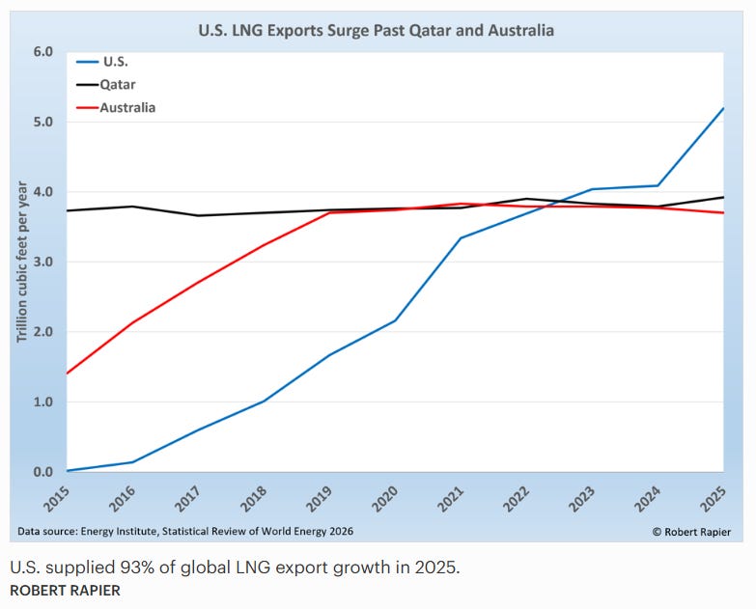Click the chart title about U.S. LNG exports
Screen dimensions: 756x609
[x=377, y=30]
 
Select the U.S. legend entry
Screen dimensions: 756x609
[x=102, y=62]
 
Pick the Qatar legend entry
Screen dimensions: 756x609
[x=106, y=85]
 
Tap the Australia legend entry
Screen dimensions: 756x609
[x=116, y=107]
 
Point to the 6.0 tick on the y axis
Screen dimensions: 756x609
[x=42, y=51]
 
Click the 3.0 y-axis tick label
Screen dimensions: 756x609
[x=42, y=262]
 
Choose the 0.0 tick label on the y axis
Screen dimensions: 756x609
[x=42, y=472]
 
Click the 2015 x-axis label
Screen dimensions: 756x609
[x=57, y=498]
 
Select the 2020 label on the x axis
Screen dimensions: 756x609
[x=385, y=498]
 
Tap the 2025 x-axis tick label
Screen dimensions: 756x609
[x=714, y=498]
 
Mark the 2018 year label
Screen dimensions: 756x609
[x=254, y=498]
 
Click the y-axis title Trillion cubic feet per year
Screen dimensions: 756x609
[x=22, y=262]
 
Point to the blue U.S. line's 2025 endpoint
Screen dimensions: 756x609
[x=723, y=108]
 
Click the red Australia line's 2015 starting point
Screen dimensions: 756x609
[x=67, y=374]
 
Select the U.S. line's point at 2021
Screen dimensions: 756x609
[x=461, y=238]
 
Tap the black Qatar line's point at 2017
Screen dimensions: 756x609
[x=198, y=215]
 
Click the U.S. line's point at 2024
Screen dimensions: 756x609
[x=658, y=185]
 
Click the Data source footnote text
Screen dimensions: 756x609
[x=185, y=531]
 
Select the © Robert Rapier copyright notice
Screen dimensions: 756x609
[x=691, y=532]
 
